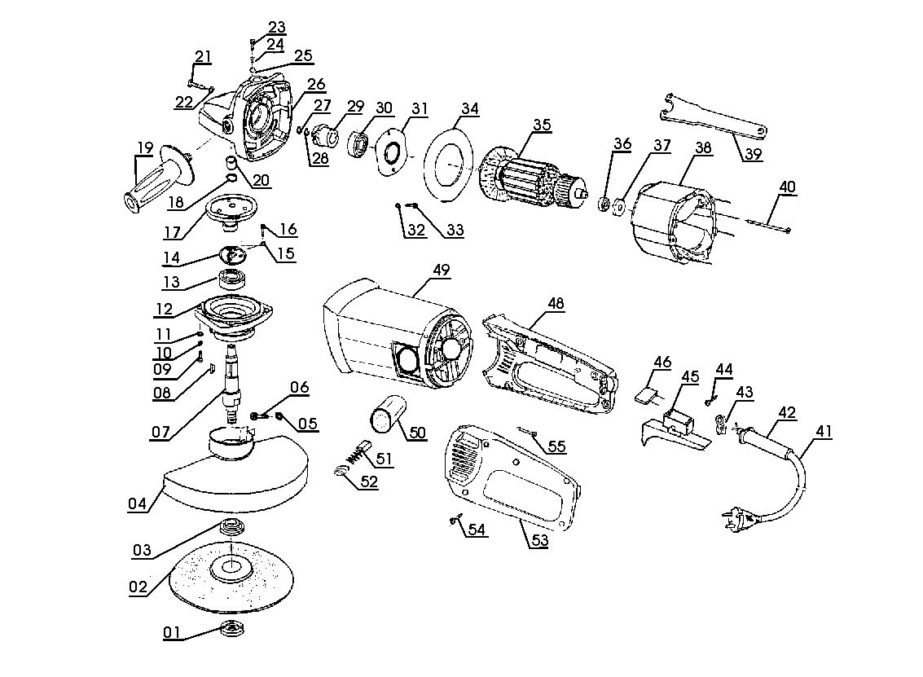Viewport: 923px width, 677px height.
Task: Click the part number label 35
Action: point(542,125)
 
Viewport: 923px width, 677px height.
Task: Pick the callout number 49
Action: point(442,269)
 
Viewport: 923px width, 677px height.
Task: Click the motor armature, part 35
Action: point(534,179)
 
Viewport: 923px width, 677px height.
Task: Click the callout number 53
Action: point(539,539)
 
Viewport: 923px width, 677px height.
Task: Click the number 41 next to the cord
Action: point(824,432)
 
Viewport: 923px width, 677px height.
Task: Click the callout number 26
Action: point(315,83)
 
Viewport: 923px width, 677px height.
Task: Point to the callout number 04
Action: point(138,503)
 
